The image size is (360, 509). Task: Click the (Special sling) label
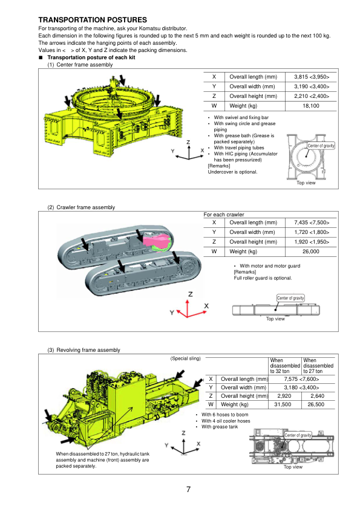[185, 358]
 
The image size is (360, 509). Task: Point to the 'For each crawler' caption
[223, 215]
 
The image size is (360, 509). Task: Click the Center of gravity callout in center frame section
[321, 146]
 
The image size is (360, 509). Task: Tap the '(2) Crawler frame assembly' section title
[81, 207]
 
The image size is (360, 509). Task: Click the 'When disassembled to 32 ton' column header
[284, 366]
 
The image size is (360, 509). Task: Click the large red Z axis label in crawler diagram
[191, 294]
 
